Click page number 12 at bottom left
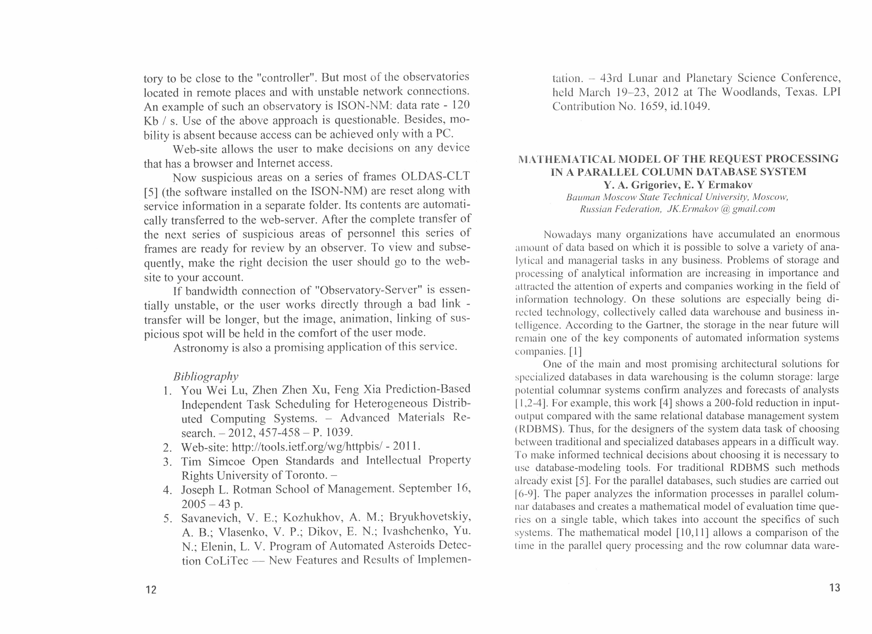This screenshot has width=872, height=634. pyautogui.click(x=151, y=590)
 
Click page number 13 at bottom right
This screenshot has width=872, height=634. pyautogui.click(x=835, y=588)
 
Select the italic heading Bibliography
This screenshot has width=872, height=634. pyautogui.click(x=206, y=376)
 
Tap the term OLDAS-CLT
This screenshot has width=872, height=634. pyautogui.click(x=435, y=177)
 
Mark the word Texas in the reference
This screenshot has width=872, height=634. pyautogui.click(x=800, y=92)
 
